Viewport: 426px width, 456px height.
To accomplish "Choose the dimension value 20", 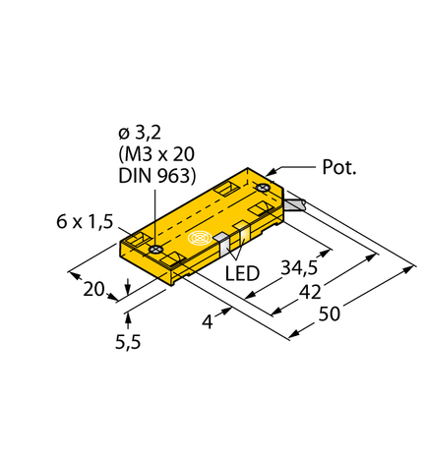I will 92,289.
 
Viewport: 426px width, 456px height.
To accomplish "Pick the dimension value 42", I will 309,292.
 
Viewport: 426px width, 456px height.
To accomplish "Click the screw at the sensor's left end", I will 155,251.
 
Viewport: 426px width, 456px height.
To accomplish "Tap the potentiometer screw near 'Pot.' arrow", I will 263,186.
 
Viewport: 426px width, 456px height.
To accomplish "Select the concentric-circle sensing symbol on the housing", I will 201,239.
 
